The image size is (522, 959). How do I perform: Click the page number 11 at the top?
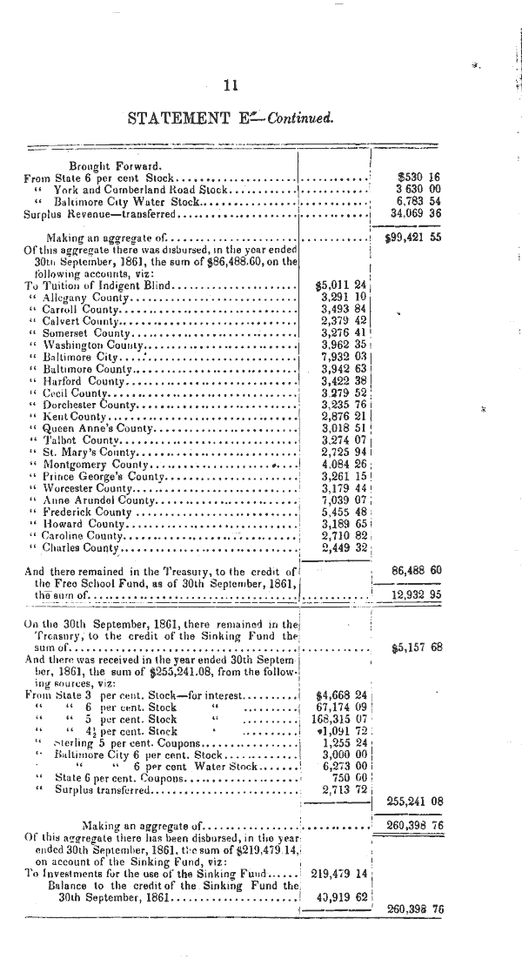click(231, 85)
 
